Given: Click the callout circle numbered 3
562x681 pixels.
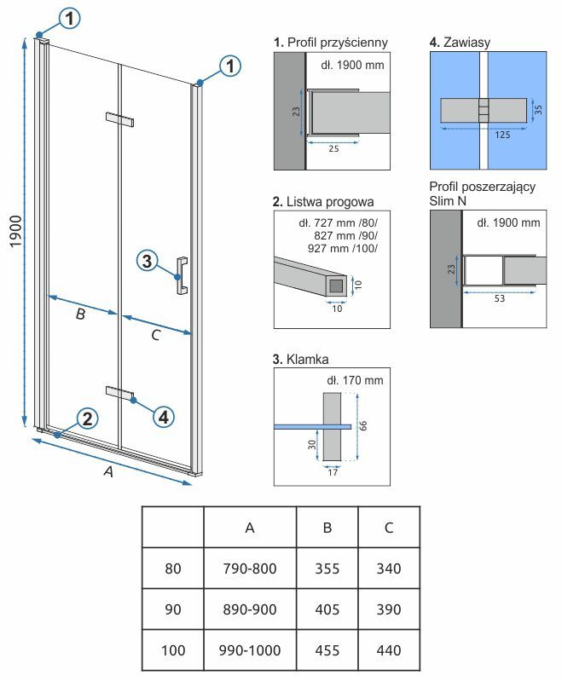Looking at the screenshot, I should (147, 262).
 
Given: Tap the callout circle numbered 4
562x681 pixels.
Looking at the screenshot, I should (165, 416).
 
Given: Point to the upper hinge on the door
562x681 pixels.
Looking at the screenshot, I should (120, 119).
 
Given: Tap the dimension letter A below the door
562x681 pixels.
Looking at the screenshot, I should (108, 474).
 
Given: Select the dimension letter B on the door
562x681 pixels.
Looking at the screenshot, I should (80, 315).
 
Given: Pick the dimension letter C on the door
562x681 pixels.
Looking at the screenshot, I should (154, 335).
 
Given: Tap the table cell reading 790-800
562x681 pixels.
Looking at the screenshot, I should (250, 568).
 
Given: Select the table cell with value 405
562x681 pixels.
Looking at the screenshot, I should (327, 609).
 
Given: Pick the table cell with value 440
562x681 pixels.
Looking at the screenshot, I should (389, 650).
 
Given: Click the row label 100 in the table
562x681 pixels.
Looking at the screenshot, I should (173, 650).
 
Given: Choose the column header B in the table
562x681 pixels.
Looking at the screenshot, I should (327, 528).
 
